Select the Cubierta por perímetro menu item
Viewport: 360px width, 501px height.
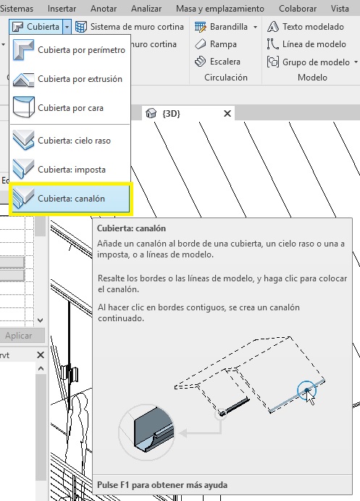click(x=70, y=50)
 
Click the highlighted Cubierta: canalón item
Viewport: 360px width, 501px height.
click(x=70, y=199)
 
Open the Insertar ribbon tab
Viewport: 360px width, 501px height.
click(x=62, y=9)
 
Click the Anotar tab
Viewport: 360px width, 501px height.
click(x=104, y=9)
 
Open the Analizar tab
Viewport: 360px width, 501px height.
click(x=146, y=9)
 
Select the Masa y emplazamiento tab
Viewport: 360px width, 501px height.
click(x=220, y=9)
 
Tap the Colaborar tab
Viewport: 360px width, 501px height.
click(x=298, y=9)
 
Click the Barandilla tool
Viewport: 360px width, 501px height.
click(x=226, y=27)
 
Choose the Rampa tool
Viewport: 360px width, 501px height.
click(x=216, y=44)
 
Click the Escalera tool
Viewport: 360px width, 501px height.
click(x=217, y=62)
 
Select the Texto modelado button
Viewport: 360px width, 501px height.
click(x=306, y=27)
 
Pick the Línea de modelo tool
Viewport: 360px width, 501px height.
click(x=306, y=44)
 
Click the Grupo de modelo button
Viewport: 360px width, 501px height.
click(x=312, y=62)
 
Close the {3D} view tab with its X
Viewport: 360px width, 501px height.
click(x=227, y=113)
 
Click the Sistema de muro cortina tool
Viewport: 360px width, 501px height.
click(x=130, y=27)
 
